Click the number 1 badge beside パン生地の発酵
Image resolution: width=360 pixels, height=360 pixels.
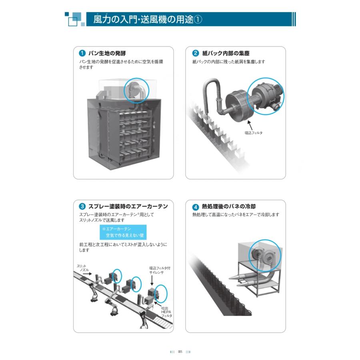(x=82, y=53)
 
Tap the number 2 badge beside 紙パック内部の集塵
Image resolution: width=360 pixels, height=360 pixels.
(x=196, y=53)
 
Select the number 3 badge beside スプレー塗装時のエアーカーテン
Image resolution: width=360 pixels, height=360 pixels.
(x=82, y=207)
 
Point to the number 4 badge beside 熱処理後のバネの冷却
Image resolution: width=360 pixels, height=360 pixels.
(x=196, y=207)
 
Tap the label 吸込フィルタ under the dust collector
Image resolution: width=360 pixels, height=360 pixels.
(x=253, y=132)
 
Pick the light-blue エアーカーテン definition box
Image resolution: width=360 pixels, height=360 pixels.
(x=124, y=232)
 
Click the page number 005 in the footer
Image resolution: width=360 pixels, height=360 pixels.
(x=180, y=352)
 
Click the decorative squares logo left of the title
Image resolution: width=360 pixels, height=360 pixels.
(x=74, y=19)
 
